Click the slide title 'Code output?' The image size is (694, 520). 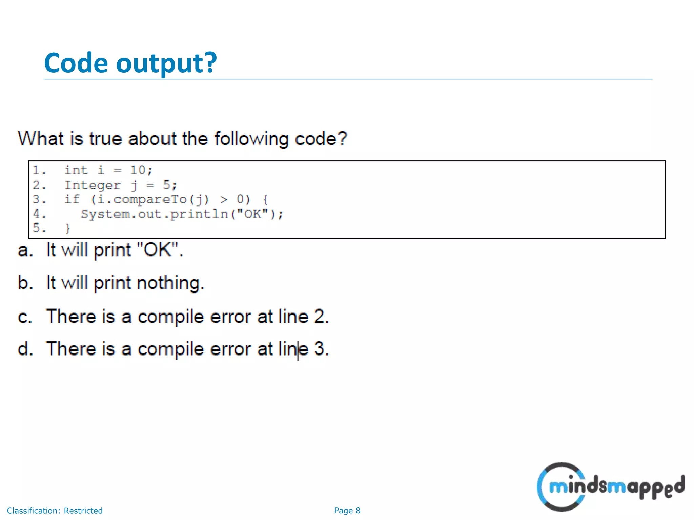pos(130,63)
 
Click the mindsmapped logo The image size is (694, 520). pos(610,487)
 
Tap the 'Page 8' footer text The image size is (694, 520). pos(347,511)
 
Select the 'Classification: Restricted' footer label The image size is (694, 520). pos(55,511)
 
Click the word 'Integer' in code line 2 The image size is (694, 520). pos(92,185)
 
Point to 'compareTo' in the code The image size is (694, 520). pos(150,200)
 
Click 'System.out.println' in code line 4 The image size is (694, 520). pos(154,214)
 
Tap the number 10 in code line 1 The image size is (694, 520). pos(138,170)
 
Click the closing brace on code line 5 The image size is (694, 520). pos(68,228)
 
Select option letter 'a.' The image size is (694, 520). pos(25,251)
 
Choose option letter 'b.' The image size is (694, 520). pos(25,283)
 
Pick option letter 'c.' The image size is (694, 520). pos(25,317)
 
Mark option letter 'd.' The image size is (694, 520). pos(25,349)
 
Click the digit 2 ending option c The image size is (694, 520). pos(319,317)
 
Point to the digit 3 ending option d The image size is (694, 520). pos(319,349)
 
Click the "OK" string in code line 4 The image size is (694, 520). pos(252,214)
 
